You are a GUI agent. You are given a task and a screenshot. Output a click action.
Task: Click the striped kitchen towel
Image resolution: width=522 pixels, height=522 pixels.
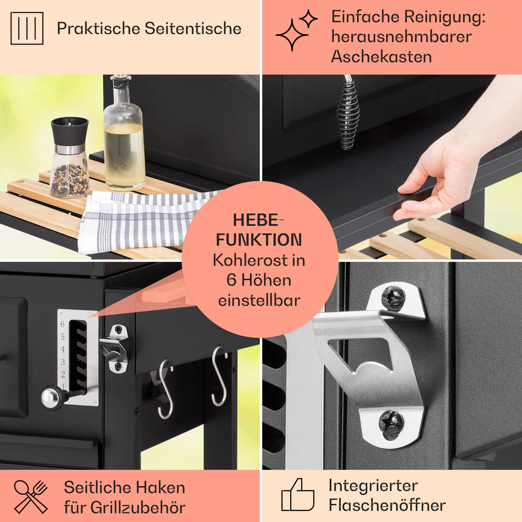[x=139, y=219]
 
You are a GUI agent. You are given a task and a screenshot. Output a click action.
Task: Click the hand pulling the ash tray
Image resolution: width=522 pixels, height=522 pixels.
[x=449, y=174]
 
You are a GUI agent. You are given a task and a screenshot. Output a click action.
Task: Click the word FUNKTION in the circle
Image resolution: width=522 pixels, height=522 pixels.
[x=259, y=240]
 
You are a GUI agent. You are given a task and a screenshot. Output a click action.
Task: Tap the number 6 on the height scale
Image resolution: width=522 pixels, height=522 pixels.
[x=63, y=324]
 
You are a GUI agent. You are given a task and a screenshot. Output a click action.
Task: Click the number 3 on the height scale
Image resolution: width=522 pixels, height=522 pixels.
[x=63, y=362]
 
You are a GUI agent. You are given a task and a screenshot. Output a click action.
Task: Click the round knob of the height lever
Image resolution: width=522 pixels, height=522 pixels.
[x=50, y=398]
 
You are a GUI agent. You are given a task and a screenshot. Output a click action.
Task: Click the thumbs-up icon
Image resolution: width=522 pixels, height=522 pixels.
[x=298, y=495]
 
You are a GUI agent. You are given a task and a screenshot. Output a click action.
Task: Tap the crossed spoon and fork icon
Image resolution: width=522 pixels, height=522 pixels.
[x=31, y=497]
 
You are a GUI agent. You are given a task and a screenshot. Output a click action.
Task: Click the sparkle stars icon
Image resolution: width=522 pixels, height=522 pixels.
[x=296, y=30]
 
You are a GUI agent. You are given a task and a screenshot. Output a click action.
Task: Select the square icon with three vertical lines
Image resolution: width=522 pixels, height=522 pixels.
[x=27, y=28]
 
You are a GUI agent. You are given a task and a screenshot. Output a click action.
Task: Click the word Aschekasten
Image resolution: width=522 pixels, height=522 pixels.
[x=381, y=56]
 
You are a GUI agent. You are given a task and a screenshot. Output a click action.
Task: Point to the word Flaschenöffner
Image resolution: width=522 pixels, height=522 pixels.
[x=387, y=505]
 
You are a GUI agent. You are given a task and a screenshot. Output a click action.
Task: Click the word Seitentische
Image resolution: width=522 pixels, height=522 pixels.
[x=193, y=28]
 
